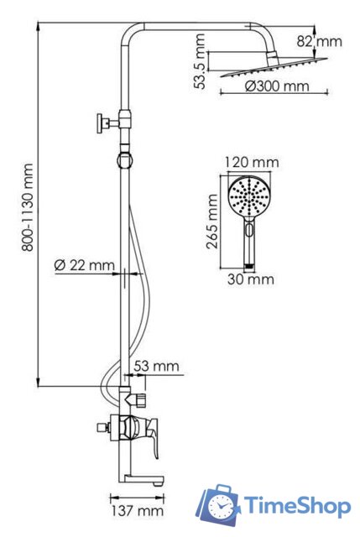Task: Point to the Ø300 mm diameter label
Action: (277, 86)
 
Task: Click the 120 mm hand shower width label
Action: (252, 162)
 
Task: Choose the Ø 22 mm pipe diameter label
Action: (84, 265)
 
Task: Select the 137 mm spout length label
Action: (138, 510)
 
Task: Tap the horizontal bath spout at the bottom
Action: (148, 481)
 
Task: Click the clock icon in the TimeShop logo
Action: (222, 506)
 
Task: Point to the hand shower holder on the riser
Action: (126, 156)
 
